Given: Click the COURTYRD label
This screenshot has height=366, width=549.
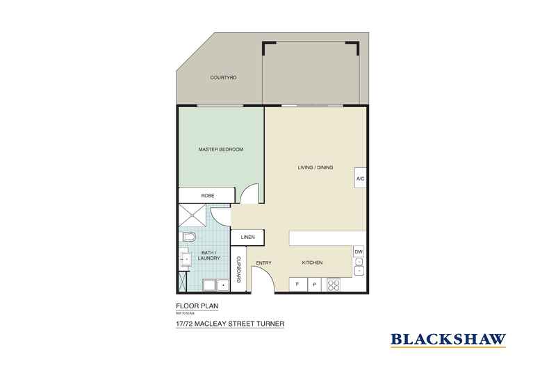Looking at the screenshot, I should click(x=224, y=78).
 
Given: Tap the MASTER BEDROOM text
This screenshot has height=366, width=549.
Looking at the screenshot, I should click(x=220, y=149).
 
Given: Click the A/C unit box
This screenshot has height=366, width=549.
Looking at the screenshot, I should click(x=360, y=178).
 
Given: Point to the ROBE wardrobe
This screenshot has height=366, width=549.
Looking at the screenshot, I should click(x=207, y=196).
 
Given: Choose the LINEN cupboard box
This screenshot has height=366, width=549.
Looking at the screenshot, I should click(x=248, y=238).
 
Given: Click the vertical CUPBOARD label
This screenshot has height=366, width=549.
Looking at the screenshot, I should click(x=238, y=269).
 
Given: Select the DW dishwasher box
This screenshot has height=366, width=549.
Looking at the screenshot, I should click(x=359, y=251).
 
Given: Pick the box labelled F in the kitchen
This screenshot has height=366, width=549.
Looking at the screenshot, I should click(x=297, y=284).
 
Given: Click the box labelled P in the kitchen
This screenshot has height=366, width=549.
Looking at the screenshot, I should click(x=314, y=284).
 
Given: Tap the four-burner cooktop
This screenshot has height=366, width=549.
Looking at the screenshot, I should click(x=334, y=284).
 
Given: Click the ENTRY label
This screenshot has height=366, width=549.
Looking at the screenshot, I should click(x=263, y=263).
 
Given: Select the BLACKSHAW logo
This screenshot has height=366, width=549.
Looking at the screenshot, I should click(x=448, y=340).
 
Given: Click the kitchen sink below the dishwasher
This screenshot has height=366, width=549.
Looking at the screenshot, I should click(x=359, y=267).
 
